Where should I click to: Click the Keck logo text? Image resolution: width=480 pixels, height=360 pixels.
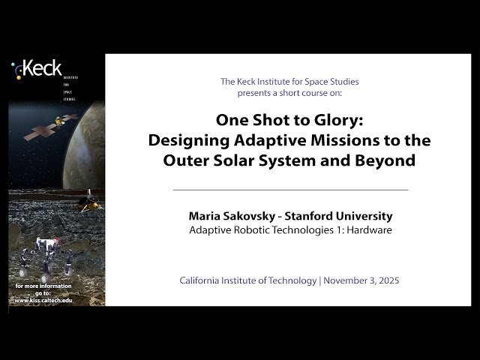click(x=41, y=70)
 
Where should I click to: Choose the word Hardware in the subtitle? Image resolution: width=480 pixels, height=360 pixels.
click(x=366, y=229)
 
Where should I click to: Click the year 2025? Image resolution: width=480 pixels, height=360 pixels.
click(x=386, y=280)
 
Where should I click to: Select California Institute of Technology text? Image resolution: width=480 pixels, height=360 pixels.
click(x=247, y=280)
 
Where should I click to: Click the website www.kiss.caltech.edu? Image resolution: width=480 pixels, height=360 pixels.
click(x=43, y=300)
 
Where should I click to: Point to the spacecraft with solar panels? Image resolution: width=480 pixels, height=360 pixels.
click(x=52, y=127)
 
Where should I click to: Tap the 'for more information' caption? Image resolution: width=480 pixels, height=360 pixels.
click(x=43, y=286)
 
